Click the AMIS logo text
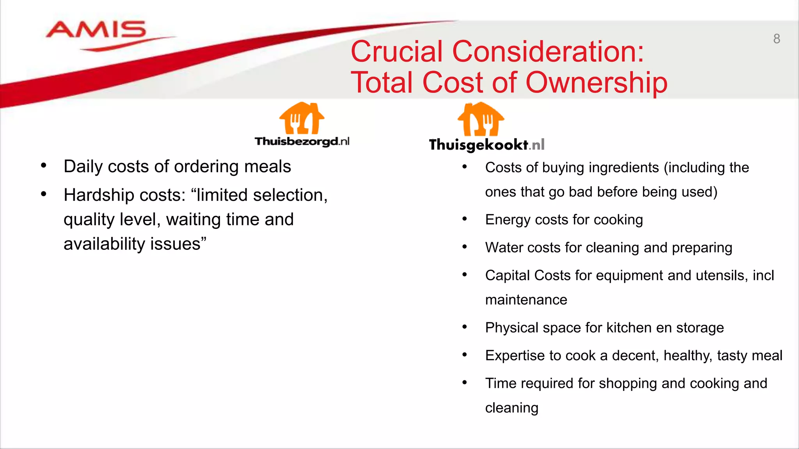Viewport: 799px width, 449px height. click(x=96, y=30)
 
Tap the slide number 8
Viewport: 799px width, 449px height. click(x=776, y=39)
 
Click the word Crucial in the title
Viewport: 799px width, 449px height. click(x=397, y=51)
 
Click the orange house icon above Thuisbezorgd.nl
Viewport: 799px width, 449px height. click(x=302, y=118)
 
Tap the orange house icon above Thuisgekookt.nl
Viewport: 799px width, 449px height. click(x=481, y=119)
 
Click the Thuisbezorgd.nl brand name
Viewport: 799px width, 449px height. click(x=302, y=141)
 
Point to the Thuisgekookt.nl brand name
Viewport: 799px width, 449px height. click(x=487, y=145)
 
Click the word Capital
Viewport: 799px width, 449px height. click(x=507, y=276)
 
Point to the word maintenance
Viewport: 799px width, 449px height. click(x=526, y=300)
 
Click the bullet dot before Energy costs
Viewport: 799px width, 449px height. click(x=464, y=219)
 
